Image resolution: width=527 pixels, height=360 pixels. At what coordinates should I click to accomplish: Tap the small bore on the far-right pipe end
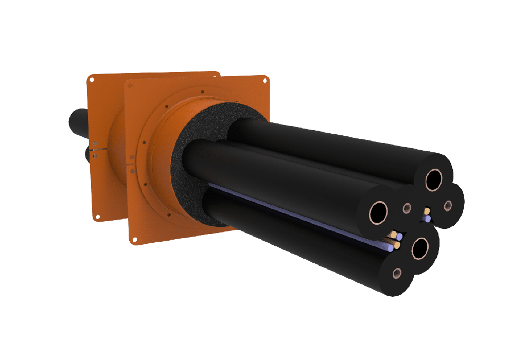(447, 205)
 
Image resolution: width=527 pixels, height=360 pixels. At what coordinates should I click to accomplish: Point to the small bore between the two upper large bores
(407, 208)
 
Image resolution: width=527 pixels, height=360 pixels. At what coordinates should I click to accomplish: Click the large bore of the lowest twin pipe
(420, 249)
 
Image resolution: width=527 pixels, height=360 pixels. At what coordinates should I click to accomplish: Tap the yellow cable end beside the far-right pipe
(426, 210)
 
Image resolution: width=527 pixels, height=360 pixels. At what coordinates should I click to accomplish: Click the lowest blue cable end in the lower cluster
(391, 248)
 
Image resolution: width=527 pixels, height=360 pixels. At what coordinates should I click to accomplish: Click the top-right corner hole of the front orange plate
(265, 80)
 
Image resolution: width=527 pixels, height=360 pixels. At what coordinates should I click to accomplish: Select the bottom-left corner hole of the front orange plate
(133, 238)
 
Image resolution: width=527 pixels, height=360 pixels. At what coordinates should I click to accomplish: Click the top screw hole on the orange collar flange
(202, 93)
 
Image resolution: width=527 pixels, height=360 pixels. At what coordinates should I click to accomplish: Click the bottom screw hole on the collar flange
(168, 214)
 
